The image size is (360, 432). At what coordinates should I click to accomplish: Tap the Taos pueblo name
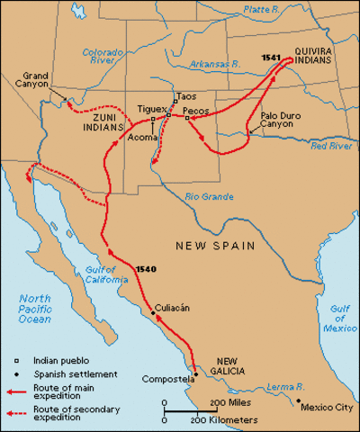coord(187,96)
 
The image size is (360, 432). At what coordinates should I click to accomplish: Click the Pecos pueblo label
coord(196,112)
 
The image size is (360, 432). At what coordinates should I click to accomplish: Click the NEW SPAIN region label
coord(216,245)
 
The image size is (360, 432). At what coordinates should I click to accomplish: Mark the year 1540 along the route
coord(148,270)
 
